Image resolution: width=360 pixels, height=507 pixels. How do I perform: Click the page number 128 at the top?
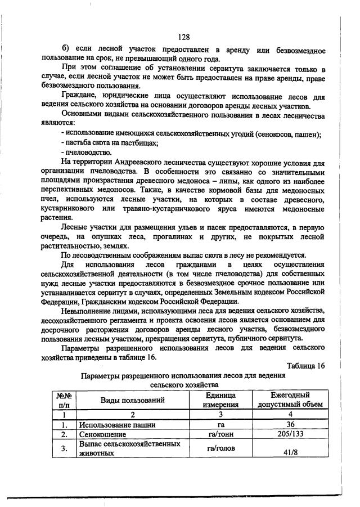point(183,37)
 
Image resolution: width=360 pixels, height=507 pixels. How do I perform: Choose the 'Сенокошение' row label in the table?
point(100,434)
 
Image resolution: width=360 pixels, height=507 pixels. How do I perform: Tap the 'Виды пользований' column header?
point(133,400)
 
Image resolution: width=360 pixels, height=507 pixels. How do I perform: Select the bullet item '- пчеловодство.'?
point(87,152)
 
